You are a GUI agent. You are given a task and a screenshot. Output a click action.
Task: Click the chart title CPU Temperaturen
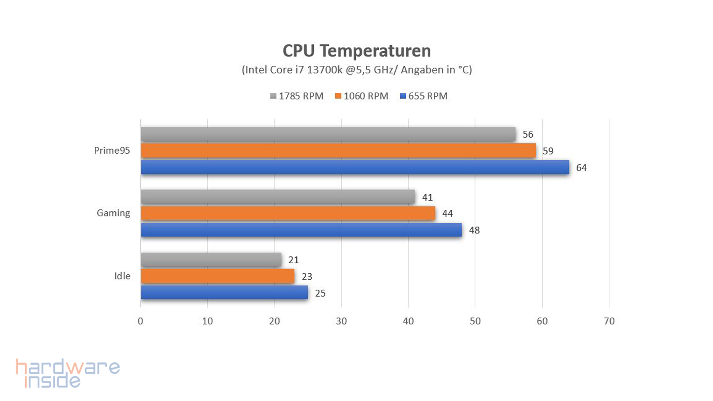coord(356,51)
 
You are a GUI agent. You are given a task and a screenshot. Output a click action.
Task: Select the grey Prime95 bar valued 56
coord(328,134)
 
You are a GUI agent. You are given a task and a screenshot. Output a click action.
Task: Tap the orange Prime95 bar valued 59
coord(338,150)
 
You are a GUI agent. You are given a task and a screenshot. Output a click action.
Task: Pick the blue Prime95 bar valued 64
coord(355,167)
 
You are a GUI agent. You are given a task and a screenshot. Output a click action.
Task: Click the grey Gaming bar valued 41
coord(278,197)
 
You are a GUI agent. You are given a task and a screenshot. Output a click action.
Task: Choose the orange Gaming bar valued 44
coord(288,213)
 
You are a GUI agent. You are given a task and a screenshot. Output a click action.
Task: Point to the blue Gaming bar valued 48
coord(301,230)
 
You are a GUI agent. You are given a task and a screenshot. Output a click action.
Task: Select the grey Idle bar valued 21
coord(211,260)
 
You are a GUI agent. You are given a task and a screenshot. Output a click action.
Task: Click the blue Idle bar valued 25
coord(224,293)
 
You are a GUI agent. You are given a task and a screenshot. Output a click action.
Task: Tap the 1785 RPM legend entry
coord(297,96)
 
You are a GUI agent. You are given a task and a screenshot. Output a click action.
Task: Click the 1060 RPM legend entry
coord(362,96)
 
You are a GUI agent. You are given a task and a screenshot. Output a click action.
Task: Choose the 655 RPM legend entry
coord(424,96)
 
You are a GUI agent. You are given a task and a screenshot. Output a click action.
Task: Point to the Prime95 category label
coord(112,150)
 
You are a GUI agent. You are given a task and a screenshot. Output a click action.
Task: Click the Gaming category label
coord(113,213)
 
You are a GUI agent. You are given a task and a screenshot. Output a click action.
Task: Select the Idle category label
coord(122,276)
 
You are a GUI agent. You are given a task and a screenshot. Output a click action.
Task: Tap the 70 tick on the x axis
coord(609,321)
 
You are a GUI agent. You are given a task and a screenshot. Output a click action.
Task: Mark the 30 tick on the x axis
coord(341,321)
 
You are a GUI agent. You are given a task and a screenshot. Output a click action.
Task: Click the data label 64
coord(581,168)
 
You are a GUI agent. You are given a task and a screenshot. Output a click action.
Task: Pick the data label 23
coord(307,277)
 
